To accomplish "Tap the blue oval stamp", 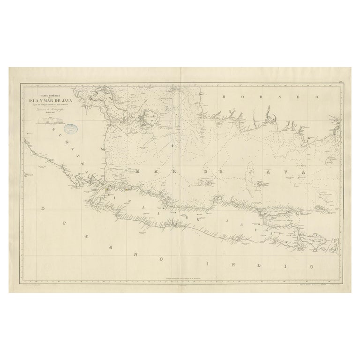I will click(x=71, y=127).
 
